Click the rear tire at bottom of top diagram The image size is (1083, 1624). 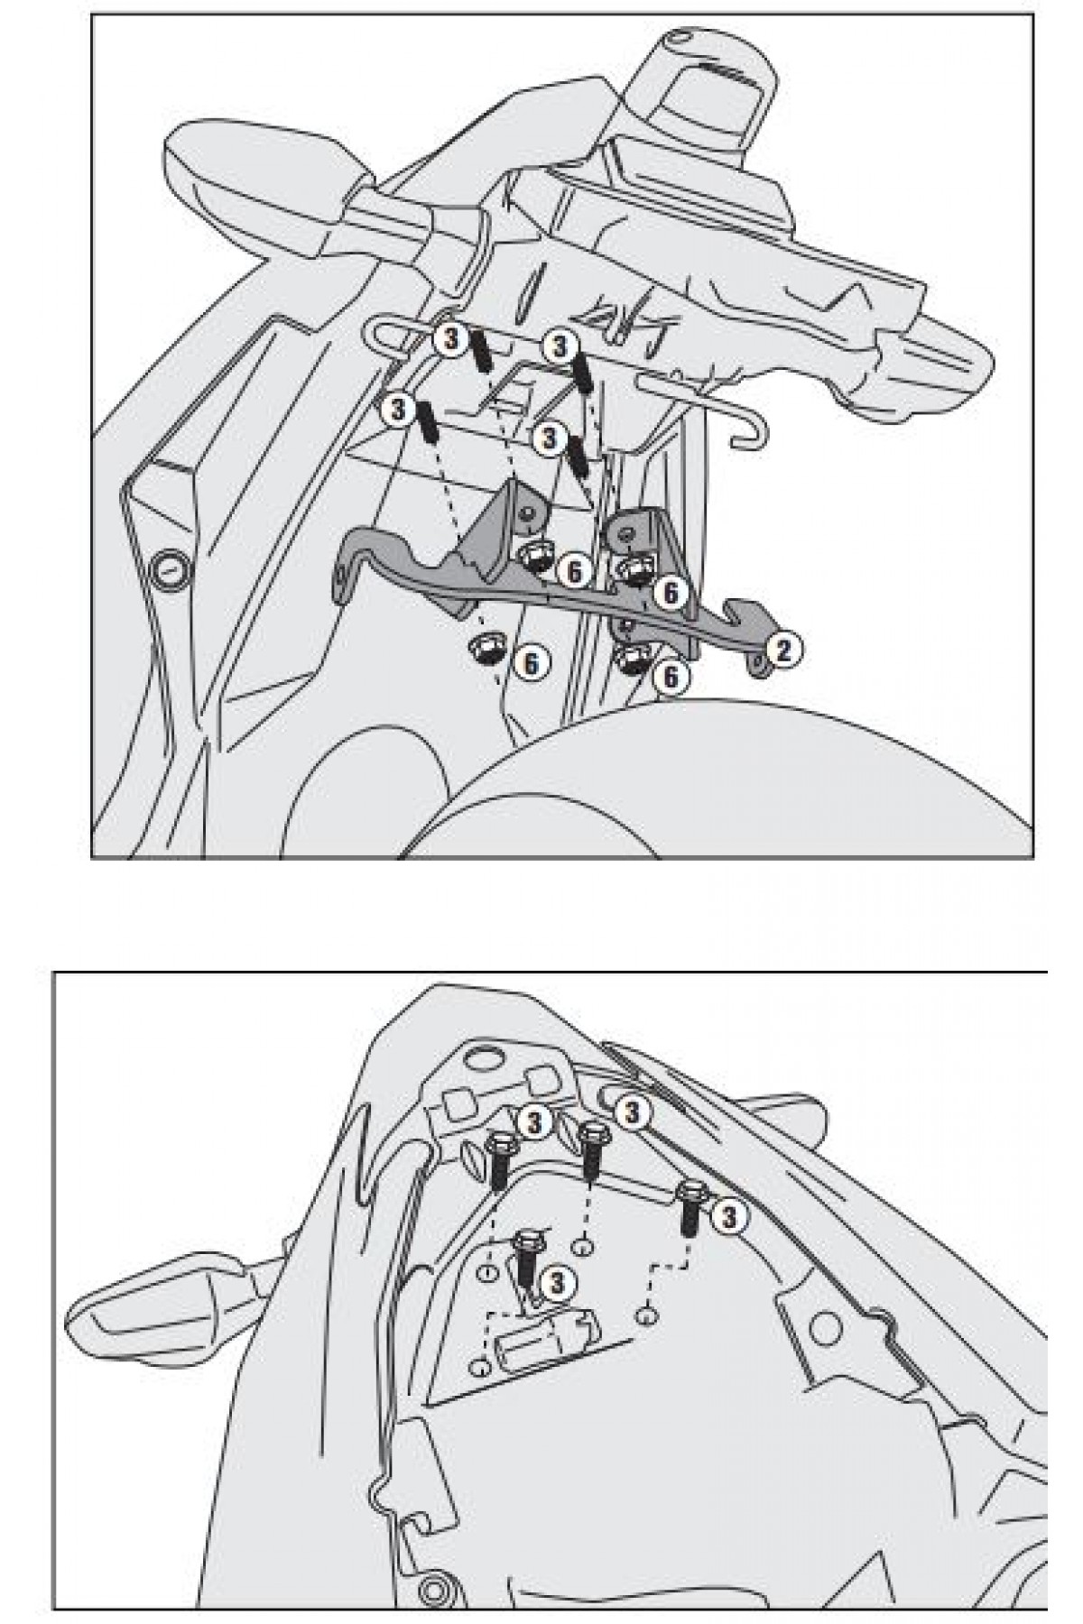[x=722, y=785]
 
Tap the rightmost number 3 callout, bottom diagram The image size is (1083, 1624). [x=728, y=1217]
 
